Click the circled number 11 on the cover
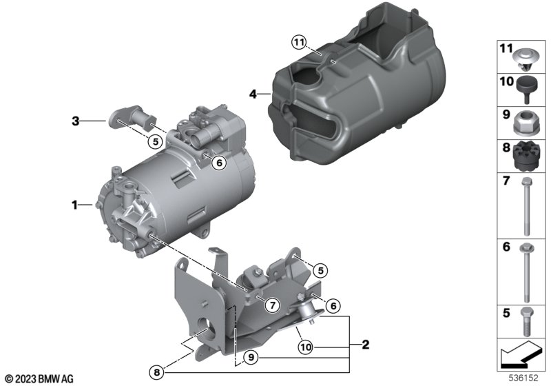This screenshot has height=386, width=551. [x=299, y=43]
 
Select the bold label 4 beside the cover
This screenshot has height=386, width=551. [x=253, y=94]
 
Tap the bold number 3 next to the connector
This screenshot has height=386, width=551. [x=76, y=121]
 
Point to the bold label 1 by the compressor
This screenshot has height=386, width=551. [x=74, y=205]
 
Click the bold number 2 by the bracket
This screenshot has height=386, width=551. [x=366, y=345]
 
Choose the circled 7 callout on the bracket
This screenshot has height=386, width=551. [x=273, y=305]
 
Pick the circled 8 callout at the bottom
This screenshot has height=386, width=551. [x=157, y=372]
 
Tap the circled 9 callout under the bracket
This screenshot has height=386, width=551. [x=251, y=358]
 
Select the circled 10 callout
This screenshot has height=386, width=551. [x=305, y=347]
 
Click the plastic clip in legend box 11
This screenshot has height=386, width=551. [x=526, y=60]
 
